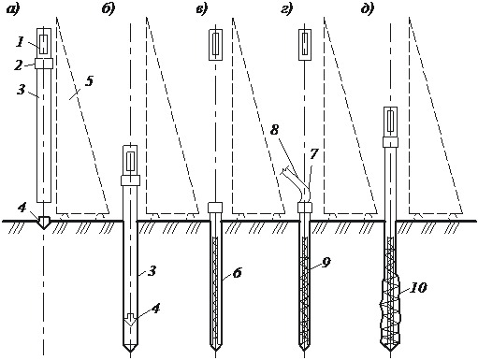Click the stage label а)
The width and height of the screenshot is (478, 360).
pos(13,9)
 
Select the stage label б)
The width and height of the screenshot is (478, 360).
pos(109,9)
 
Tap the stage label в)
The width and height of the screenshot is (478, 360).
pos(201,9)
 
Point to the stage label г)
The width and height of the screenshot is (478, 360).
pos(286,9)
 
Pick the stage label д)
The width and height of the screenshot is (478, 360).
pos(368,9)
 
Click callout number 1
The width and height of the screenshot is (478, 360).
pos(20,42)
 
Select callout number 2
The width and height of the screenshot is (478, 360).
pos(18,65)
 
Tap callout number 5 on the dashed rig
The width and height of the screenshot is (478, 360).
pos(89,81)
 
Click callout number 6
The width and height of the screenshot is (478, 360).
pos(237,273)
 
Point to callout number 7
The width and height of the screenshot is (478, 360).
pos(314,153)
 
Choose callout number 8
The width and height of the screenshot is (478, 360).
pos(274,130)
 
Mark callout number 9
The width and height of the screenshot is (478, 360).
pos(326,263)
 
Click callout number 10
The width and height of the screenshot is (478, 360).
pos(418,288)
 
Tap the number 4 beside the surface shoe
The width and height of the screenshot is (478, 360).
pos(22,208)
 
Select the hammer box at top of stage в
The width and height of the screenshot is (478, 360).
pos(215,45)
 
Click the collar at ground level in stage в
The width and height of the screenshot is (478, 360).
pos(215,208)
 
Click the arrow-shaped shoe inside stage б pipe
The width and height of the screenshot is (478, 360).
pos(130,320)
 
